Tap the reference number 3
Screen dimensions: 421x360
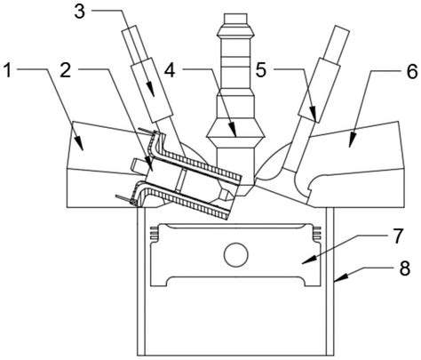click(x=79, y=11)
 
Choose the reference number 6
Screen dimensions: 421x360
click(x=412, y=71)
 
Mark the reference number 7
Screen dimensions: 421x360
click(x=397, y=236)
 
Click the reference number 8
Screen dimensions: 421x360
click(x=404, y=268)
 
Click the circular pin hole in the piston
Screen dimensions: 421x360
click(x=236, y=254)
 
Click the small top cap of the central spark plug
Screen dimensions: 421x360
click(x=235, y=18)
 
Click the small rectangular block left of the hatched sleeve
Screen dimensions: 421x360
click(x=139, y=166)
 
